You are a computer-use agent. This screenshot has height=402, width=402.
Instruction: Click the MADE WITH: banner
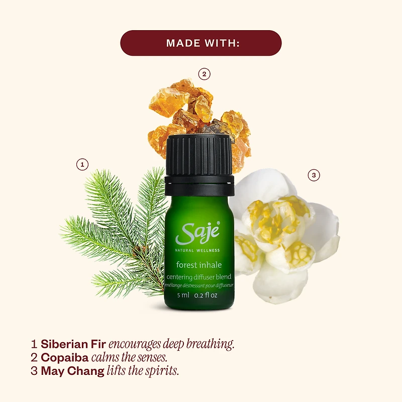tap(201, 43)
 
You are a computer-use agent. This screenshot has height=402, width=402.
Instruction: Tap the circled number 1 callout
tap(82, 164)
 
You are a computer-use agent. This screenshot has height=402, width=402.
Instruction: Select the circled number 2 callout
tap(204, 74)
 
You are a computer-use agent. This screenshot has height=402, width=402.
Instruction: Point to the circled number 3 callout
tap(314, 175)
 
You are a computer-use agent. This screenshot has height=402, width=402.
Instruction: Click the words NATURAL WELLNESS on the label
tap(197, 250)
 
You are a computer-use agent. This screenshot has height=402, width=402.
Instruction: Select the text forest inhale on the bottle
tap(198, 264)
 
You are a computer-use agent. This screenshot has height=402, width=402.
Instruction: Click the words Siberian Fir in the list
tap(73, 345)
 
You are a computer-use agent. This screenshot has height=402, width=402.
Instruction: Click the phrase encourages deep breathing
tap(172, 345)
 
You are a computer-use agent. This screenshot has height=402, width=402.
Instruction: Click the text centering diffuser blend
tap(199, 277)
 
